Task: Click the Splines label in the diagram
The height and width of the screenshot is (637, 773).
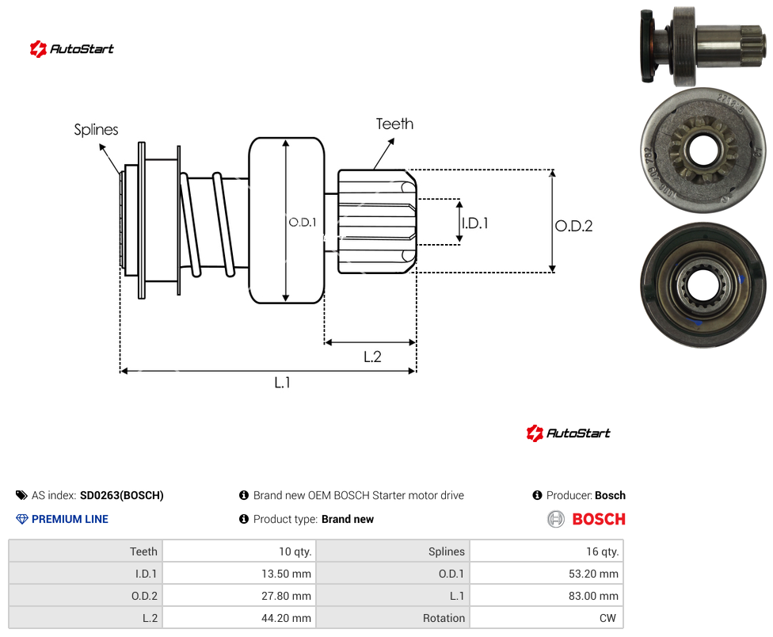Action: click(x=96, y=130)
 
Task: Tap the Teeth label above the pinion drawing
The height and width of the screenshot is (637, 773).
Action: click(x=394, y=124)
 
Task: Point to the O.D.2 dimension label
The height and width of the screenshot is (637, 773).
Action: click(x=574, y=226)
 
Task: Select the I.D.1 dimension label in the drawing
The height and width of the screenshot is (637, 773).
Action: click(x=475, y=223)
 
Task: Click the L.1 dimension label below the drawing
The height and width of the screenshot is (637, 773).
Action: click(x=283, y=382)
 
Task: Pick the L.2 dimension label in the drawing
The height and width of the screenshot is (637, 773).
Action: click(x=372, y=357)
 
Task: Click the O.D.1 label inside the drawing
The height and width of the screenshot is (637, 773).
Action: click(x=303, y=223)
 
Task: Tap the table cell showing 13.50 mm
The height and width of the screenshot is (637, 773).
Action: click(x=239, y=574)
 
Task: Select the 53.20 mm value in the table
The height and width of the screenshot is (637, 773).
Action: click(x=546, y=574)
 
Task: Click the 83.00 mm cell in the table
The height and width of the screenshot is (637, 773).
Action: click(x=546, y=596)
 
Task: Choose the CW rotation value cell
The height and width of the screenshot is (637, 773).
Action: click(x=546, y=618)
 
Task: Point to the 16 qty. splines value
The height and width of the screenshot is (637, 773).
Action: click(x=546, y=551)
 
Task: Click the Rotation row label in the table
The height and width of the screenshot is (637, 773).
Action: click(x=444, y=618)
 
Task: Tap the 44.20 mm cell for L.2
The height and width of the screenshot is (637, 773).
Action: click(x=239, y=618)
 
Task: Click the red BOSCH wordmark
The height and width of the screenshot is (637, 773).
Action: click(x=599, y=519)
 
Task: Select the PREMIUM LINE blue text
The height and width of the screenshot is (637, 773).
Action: click(x=70, y=519)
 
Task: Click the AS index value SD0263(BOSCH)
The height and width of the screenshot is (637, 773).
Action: click(x=122, y=495)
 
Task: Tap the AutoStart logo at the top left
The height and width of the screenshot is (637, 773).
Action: click(x=71, y=49)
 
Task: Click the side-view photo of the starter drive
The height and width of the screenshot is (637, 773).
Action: click(x=703, y=45)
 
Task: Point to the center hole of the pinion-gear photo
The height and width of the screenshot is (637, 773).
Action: click(x=703, y=151)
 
